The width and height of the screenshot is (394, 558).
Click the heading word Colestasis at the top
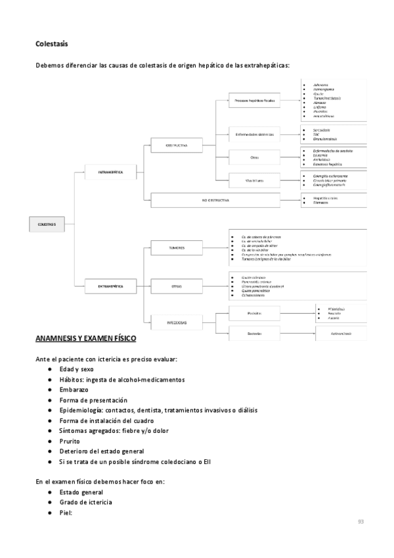[x=52, y=44]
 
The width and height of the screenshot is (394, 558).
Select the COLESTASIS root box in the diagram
[x=46, y=224]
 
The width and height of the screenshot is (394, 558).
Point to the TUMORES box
[x=177, y=248]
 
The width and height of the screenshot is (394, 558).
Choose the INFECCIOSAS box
[x=177, y=323]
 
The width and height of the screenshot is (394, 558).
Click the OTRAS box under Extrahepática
[x=177, y=286]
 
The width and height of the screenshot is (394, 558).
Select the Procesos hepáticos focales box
[x=255, y=101]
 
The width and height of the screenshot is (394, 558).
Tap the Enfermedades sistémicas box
[x=255, y=134]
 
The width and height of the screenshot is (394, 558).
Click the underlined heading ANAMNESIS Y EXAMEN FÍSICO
[x=85, y=339]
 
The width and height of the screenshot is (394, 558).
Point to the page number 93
[x=361, y=522]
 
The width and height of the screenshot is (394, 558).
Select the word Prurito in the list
[x=70, y=441]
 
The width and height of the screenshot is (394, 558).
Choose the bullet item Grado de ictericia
[x=85, y=502]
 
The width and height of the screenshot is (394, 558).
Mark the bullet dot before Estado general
[x=50, y=492]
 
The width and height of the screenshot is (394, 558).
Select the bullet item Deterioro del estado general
[x=102, y=451]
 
